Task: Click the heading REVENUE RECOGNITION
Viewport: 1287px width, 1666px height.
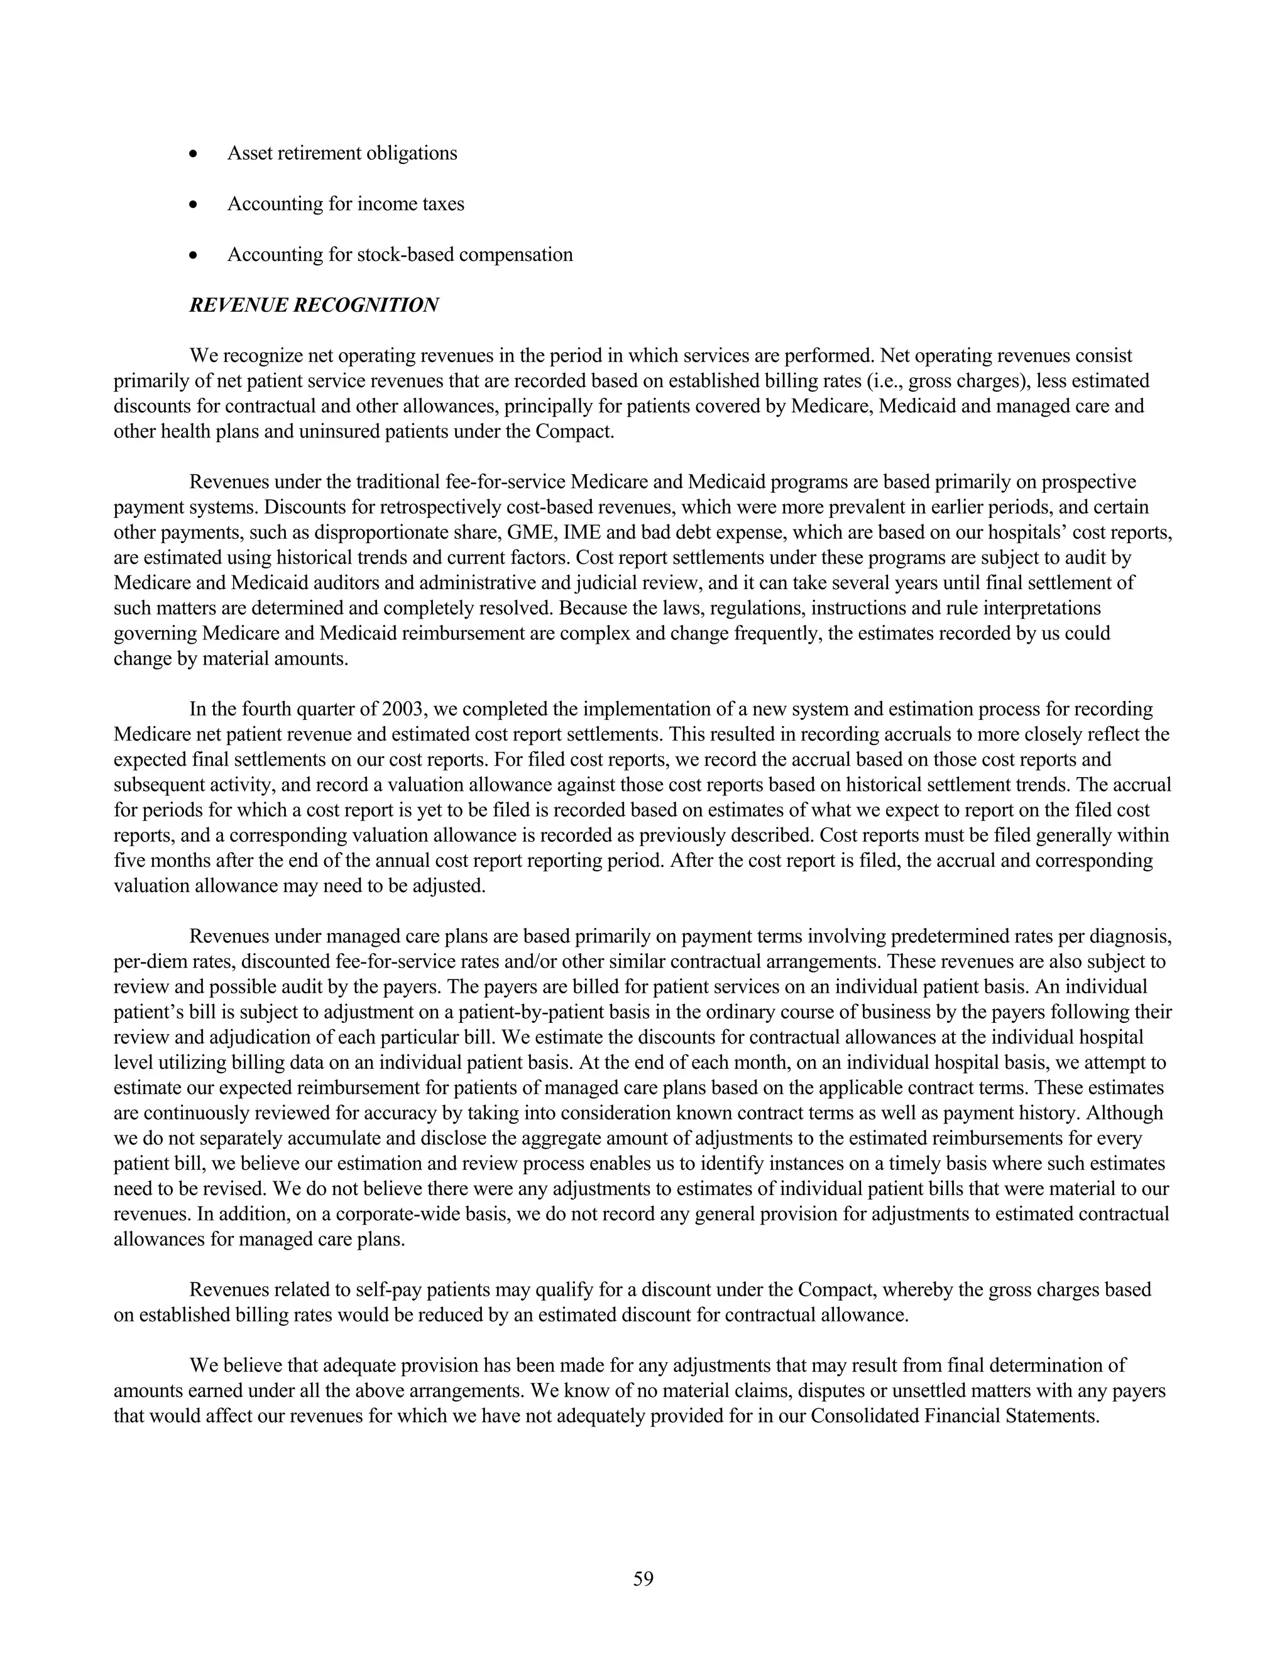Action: (x=314, y=305)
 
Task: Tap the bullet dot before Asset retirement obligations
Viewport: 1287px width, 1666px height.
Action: (x=195, y=154)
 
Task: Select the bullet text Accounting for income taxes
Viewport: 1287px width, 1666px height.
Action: (x=346, y=204)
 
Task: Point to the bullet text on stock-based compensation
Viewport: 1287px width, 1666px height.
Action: (x=400, y=255)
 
